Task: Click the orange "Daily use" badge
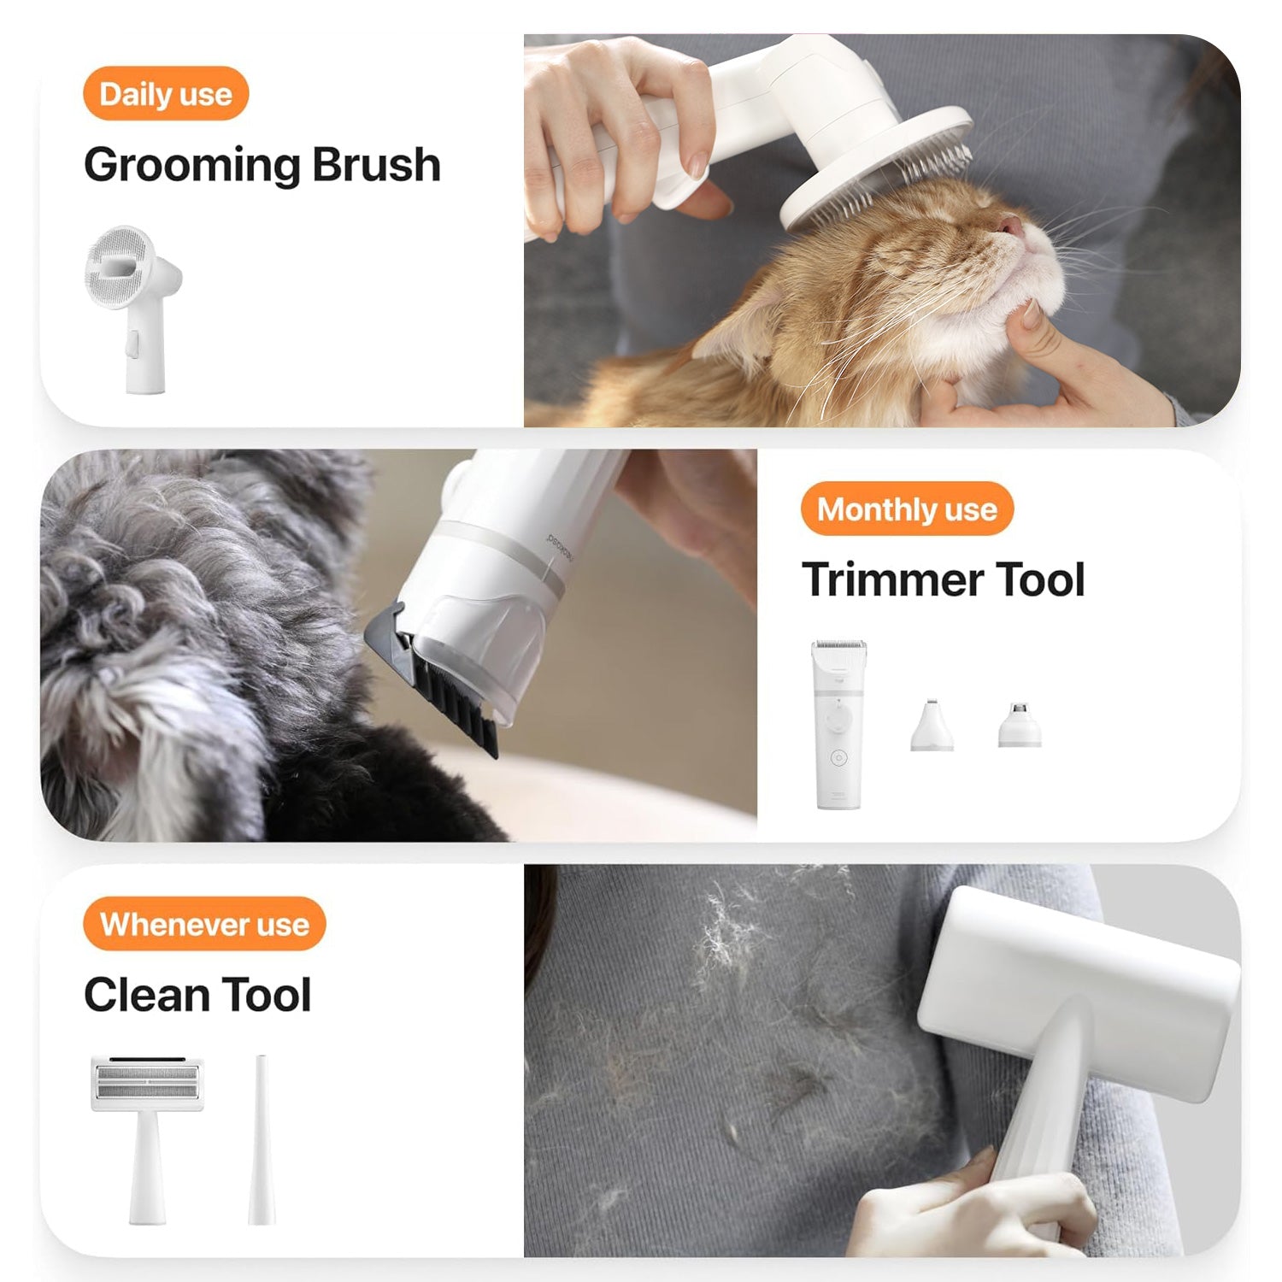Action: click(165, 94)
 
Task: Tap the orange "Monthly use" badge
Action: click(907, 509)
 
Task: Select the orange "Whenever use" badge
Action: click(204, 924)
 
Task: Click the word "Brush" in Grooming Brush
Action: click(376, 165)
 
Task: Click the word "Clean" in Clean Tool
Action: click(146, 996)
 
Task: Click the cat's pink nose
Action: click(1010, 226)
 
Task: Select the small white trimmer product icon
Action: click(838, 723)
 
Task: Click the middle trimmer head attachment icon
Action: click(931, 726)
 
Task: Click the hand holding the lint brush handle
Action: click(974, 1205)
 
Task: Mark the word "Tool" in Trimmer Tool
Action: click(1040, 580)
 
